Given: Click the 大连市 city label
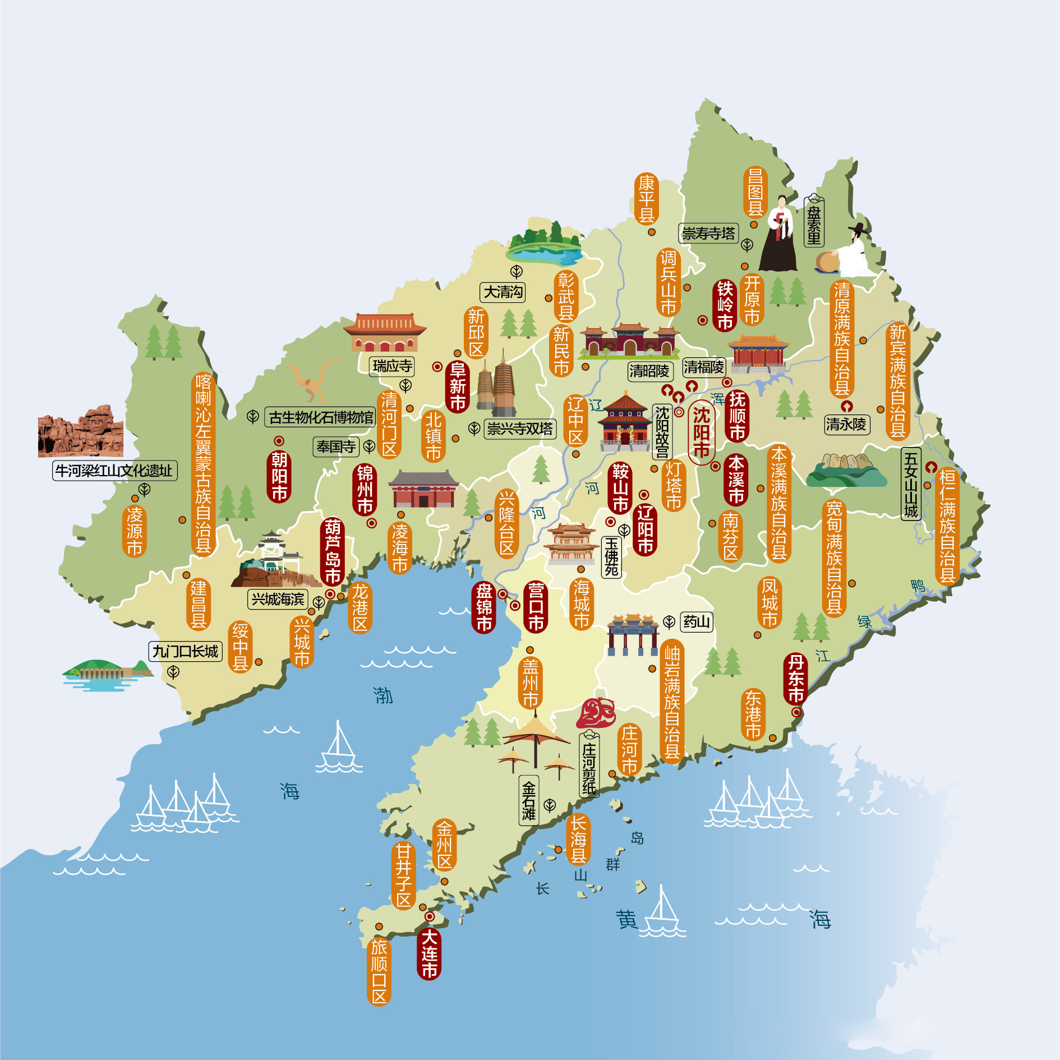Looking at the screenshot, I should coord(429,953).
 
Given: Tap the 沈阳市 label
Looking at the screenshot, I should coord(701,432).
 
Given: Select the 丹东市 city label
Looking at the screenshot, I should coord(795,679).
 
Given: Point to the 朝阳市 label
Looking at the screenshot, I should coord(279,476).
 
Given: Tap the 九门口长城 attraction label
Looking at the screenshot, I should coord(185,651).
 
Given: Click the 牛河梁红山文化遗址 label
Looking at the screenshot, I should coord(114,471).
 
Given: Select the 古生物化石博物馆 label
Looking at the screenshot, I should coord(320,417).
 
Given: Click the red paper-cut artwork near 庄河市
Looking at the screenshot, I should coord(596,713).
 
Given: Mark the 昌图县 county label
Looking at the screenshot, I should coord(755,192).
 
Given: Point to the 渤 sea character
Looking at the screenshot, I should coord(383,695).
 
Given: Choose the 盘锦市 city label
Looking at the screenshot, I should coord(484,607).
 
